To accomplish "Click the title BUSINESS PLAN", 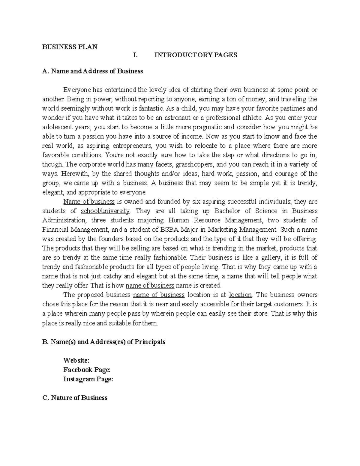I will pos(70,47).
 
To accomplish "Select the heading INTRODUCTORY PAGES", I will pos(196,55).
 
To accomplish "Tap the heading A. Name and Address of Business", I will pos(93,71).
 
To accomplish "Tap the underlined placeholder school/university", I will pos(105,211).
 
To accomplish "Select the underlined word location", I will pos(241,295).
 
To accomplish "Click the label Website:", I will pos(76,360).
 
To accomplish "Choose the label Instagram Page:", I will pos(88,379).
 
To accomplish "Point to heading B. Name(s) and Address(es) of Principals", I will pos(104,342).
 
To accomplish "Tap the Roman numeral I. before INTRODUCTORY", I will pos(135,55).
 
